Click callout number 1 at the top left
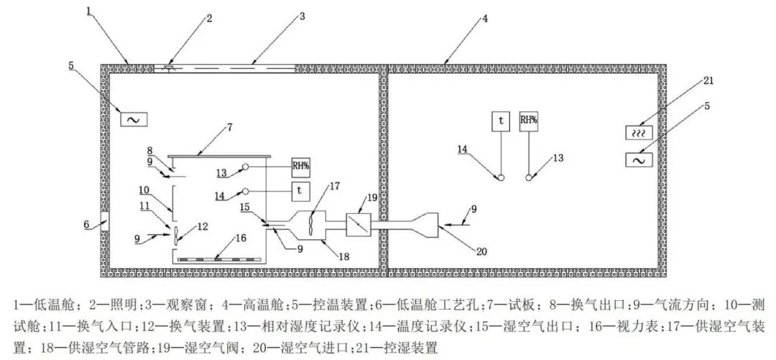click(x=88, y=10)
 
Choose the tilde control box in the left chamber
click(x=133, y=119)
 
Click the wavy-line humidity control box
click(x=638, y=134)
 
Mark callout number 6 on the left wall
click(x=86, y=224)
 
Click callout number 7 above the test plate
click(x=229, y=127)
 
